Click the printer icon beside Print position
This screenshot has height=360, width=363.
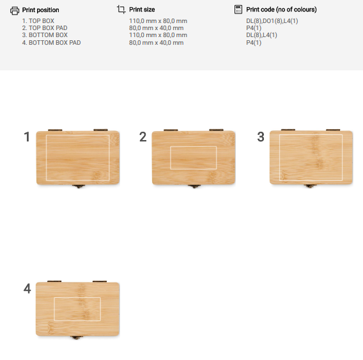(x=15, y=11)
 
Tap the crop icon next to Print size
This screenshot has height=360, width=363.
(x=121, y=10)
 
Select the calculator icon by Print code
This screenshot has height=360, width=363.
(x=238, y=10)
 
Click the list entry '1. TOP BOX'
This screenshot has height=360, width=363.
(x=38, y=21)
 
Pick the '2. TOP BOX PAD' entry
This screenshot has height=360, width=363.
(x=45, y=28)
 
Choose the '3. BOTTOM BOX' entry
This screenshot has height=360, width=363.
(x=45, y=35)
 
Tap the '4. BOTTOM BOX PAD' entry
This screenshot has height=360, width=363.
(x=51, y=43)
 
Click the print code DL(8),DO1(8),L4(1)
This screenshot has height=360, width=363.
(x=272, y=21)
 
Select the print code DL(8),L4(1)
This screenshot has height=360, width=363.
(x=261, y=35)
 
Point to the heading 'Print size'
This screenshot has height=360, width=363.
(x=142, y=10)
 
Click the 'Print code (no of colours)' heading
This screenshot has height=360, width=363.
(x=281, y=10)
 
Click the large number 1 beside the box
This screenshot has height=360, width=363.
(x=27, y=136)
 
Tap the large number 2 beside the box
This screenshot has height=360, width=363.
(x=143, y=136)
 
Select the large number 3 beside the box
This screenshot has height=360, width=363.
(x=261, y=136)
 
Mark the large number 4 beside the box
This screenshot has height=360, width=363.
(x=27, y=288)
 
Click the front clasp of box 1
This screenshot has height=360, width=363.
(x=79, y=186)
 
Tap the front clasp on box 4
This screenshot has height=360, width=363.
(x=77, y=337)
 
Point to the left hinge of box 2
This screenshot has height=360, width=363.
(x=171, y=130)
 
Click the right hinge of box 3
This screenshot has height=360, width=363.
(x=333, y=130)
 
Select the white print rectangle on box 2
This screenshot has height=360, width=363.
(x=193, y=146)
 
